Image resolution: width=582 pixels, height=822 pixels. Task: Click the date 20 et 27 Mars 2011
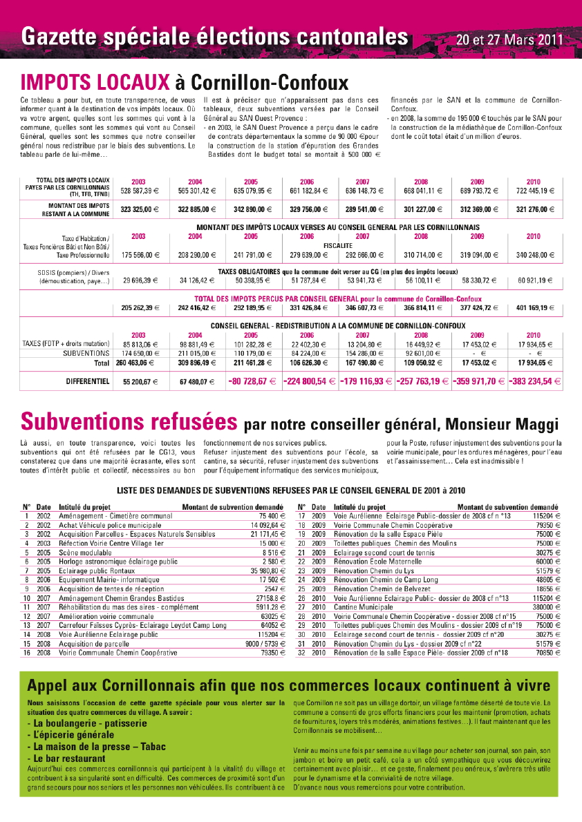click(x=508, y=39)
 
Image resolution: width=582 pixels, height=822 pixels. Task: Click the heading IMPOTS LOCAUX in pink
click(x=95, y=83)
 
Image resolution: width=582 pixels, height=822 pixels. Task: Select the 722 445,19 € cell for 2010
click(x=534, y=190)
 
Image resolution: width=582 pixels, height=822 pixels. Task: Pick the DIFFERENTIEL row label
click(x=88, y=381)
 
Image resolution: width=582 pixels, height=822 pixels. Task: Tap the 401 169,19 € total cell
click(x=534, y=307)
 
